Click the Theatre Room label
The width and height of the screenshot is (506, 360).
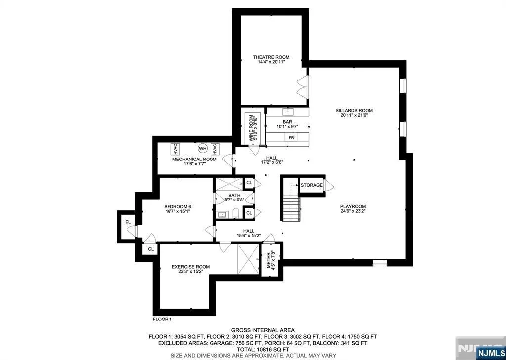[271, 57]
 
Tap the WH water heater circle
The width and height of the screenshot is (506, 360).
[202, 148]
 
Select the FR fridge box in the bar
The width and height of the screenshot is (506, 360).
[291, 138]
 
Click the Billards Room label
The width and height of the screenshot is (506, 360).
[354, 110]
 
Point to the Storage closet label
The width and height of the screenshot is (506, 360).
[311, 185]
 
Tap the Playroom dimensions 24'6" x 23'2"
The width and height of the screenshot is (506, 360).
[353, 211]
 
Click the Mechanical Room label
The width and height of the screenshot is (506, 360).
[195, 160]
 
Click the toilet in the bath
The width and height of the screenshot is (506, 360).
[235, 213]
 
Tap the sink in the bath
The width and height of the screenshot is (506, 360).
[222, 214]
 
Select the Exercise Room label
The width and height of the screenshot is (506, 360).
[190, 267]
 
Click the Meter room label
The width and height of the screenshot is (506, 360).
[268, 260]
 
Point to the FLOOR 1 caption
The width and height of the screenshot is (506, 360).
[162, 320]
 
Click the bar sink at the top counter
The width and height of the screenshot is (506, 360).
[287, 112]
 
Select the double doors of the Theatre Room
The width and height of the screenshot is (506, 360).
[303, 87]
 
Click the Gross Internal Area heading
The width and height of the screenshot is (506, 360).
[262, 330]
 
